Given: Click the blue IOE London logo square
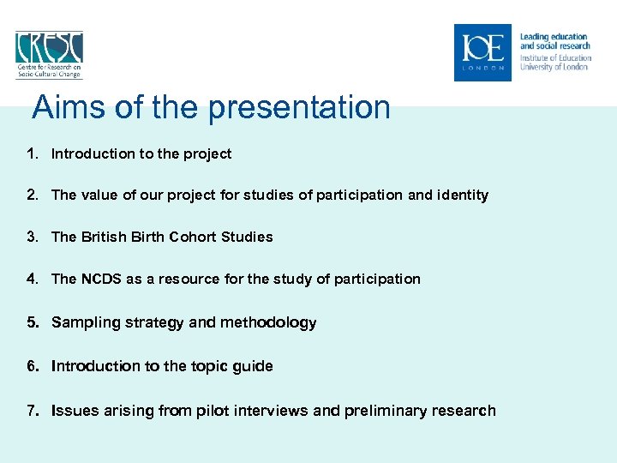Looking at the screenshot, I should pos(482,52).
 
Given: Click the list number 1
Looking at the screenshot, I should pos(32,154).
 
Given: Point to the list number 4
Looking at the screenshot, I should pos(32,279).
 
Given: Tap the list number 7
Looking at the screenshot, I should pos(32,411).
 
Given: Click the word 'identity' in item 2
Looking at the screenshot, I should pos(463,195).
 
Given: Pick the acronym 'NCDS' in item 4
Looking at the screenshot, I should pos(102,279).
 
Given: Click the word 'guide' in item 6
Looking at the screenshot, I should pos(253,366).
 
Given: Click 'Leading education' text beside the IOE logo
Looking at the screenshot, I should pos(554,37).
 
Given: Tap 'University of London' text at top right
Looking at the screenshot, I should pos(554,67).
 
